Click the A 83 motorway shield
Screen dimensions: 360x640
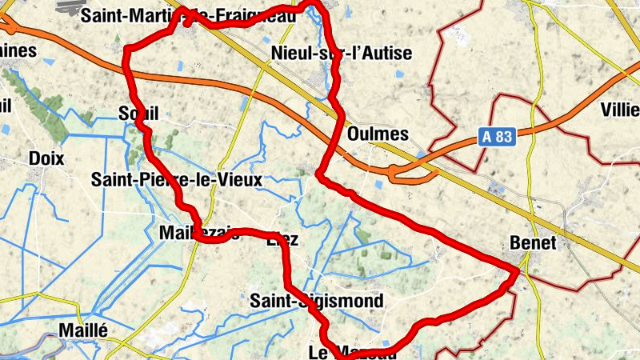[497, 137]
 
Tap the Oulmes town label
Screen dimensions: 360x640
[378, 134]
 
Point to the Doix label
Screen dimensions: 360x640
[46, 158]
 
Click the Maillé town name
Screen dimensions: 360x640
[83, 330]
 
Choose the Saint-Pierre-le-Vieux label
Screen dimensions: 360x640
[177, 180]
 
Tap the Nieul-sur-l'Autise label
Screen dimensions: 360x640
[342, 54]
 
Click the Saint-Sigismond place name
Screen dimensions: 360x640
[317, 301]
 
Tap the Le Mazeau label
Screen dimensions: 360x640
[352, 352]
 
